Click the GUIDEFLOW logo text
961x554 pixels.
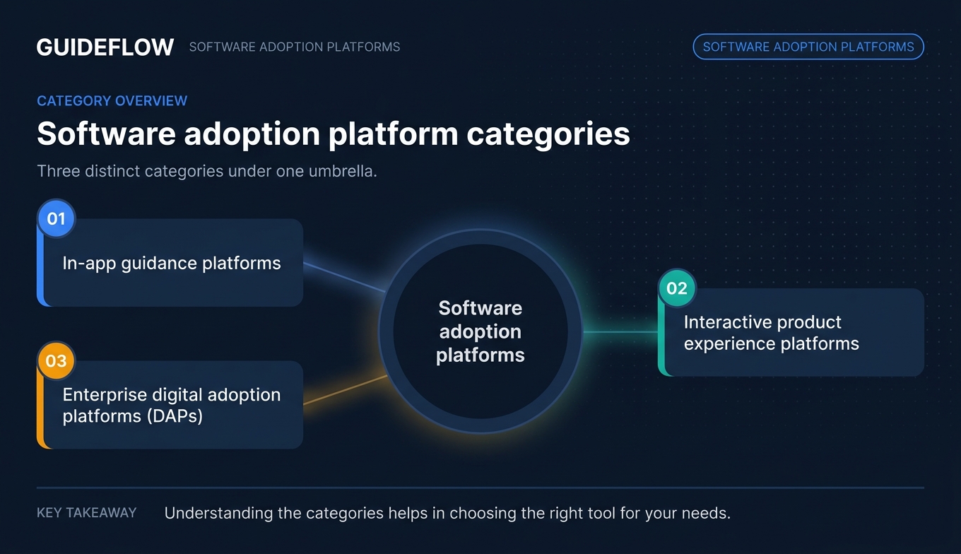[105, 47]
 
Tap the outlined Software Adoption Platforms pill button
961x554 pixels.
[808, 47]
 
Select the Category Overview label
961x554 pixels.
[112, 100]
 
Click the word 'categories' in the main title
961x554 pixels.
[548, 134]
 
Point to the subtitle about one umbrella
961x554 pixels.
[206, 171]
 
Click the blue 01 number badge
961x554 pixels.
[56, 218]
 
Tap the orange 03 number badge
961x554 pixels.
[56, 361]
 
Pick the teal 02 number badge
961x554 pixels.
[677, 288]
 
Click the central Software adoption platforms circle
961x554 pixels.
[481, 331]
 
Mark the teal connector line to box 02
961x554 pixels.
[619, 331]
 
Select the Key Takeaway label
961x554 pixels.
[86, 512]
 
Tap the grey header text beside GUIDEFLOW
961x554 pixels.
[294, 47]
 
